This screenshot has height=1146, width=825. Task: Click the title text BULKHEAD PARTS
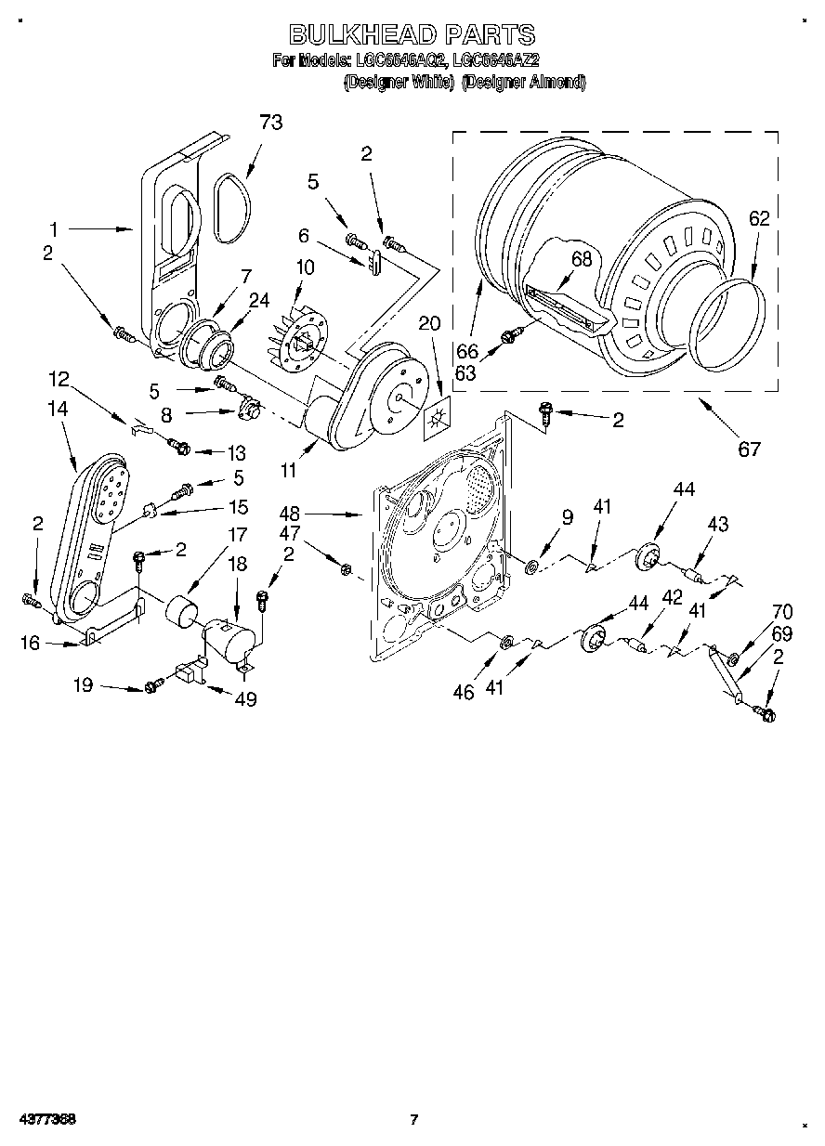click(x=412, y=35)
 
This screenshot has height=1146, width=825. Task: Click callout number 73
click(x=270, y=122)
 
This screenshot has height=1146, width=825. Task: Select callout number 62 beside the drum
click(x=759, y=219)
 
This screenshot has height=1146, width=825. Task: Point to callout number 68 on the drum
click(x=582, y=261)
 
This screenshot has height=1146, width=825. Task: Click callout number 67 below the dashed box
click(x=748, y=449)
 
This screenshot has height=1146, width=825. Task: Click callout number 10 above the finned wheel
click(x=305, y=267)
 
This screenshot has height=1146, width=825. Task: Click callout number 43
click(x=717, y=525)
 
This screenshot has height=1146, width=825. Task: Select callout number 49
click(x=246, y=699)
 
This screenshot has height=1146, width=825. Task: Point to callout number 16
click(x=31, y=644)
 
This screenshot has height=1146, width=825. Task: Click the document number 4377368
click(x=46, y=1119)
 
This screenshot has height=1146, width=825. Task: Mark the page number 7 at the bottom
click(x=414, y=1119)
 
